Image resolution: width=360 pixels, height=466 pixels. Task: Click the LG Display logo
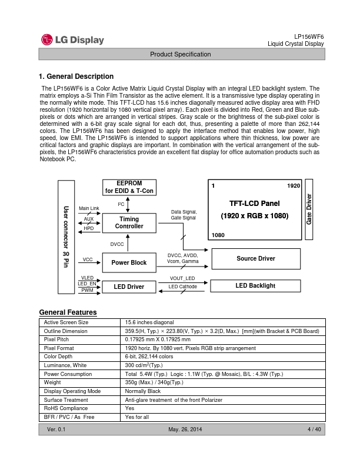(x=72, y=40)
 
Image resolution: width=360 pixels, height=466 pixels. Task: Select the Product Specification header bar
(x=180, y=54)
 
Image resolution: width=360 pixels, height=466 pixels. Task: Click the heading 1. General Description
(x=76, y=76)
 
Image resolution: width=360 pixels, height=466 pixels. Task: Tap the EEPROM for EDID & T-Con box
(x=129, y=187)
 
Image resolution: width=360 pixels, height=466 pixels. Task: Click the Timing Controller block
(x=129, y=222)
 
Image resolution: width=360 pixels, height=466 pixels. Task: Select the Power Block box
(x=129, y=262)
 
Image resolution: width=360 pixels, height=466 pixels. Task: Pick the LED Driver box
(x=129, y=287)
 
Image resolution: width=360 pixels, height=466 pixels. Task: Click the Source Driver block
(x=255, y=258)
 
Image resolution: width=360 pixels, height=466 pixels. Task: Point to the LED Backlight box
(x=255, y=285)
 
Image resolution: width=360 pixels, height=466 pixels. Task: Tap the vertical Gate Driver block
(x=309, y=209)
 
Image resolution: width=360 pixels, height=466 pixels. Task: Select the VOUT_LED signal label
(x=182, y=278)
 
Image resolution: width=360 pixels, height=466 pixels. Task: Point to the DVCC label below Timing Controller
(x=117, y=243)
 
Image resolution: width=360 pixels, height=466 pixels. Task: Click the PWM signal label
(x=87, y=290)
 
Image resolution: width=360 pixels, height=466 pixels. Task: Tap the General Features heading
(x=68, y=312)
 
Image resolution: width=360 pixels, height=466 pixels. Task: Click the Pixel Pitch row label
(x=57, y=339)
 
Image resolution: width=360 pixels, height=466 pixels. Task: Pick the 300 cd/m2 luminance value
(x=145, y=365)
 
